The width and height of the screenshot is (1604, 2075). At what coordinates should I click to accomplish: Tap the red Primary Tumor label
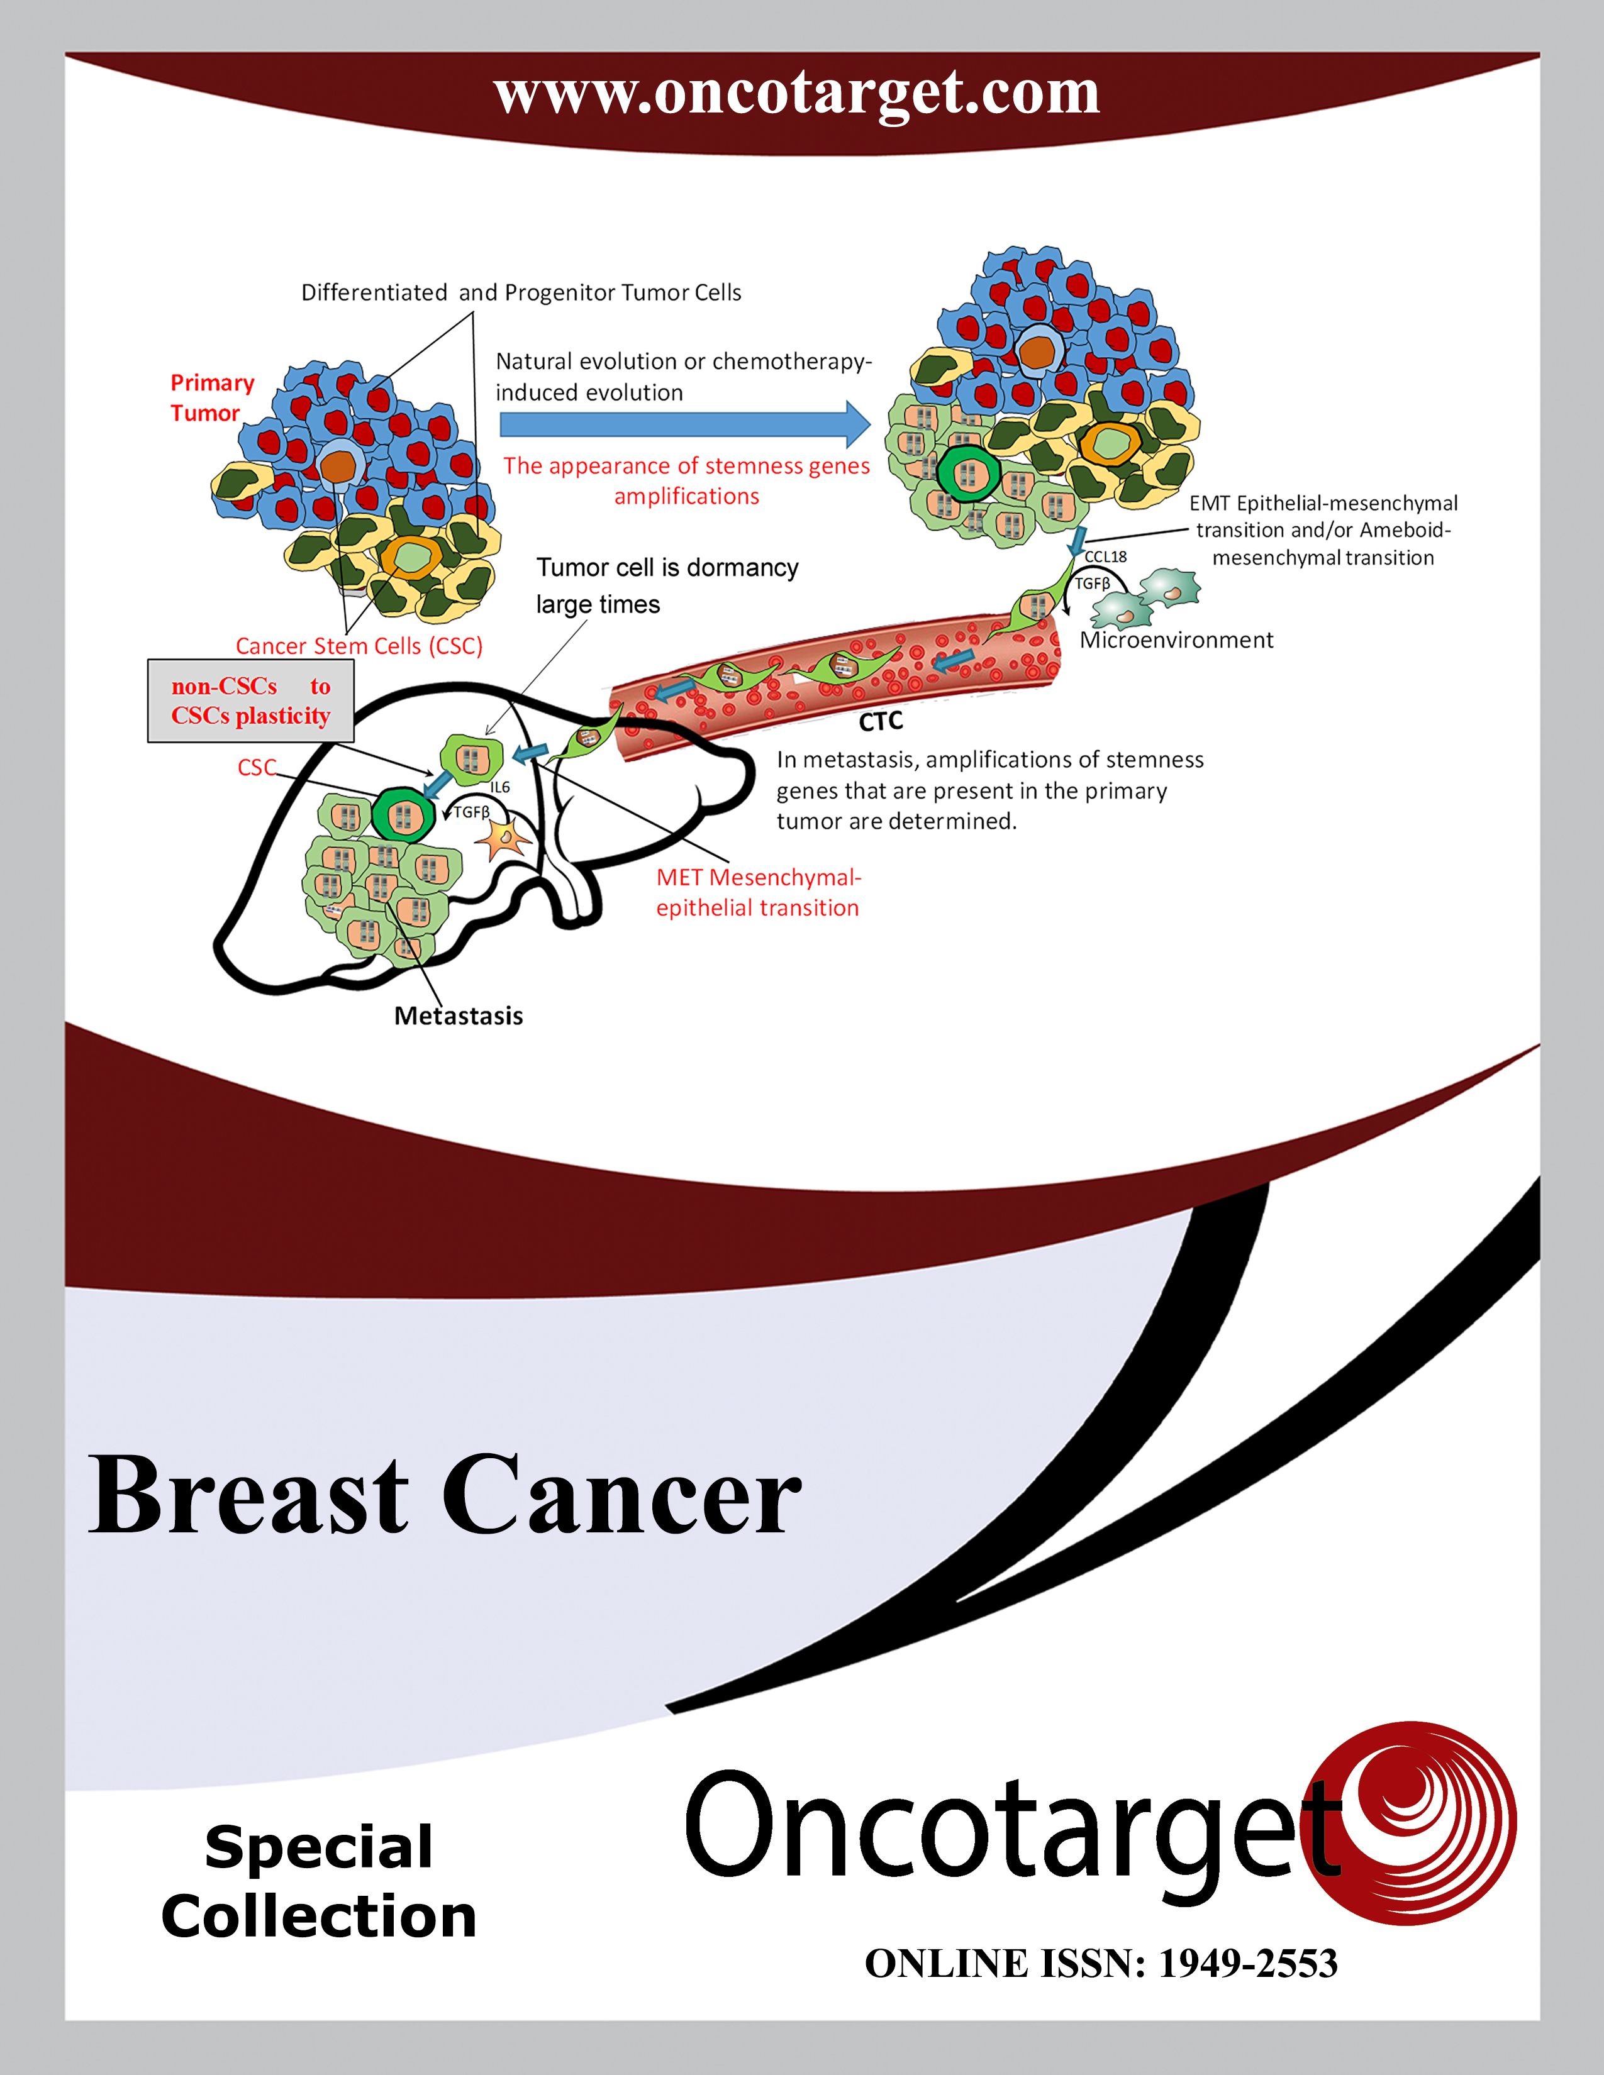tap(212, 397)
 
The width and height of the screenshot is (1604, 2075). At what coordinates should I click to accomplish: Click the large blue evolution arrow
tap(684, 424)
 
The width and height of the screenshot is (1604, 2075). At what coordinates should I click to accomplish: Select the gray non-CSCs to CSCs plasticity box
tap(251, 700)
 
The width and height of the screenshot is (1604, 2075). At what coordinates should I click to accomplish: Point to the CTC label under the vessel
tap(880, 722)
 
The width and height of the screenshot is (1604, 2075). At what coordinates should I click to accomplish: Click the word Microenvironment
tap(1176, 640)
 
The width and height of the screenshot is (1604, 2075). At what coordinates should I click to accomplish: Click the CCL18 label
tap(1105, 556)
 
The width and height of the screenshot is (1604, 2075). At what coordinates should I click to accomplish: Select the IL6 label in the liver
tap(500, 787)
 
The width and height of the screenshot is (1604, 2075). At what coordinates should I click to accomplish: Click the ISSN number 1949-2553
tap(1248, 1963)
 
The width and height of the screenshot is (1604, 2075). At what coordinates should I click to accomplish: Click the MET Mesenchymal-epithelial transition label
tap(759, 892)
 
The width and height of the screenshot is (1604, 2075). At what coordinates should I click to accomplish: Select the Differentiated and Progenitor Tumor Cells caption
tap(521, 292)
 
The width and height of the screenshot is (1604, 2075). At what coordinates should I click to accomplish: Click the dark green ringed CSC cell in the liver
tap(403, 814)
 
